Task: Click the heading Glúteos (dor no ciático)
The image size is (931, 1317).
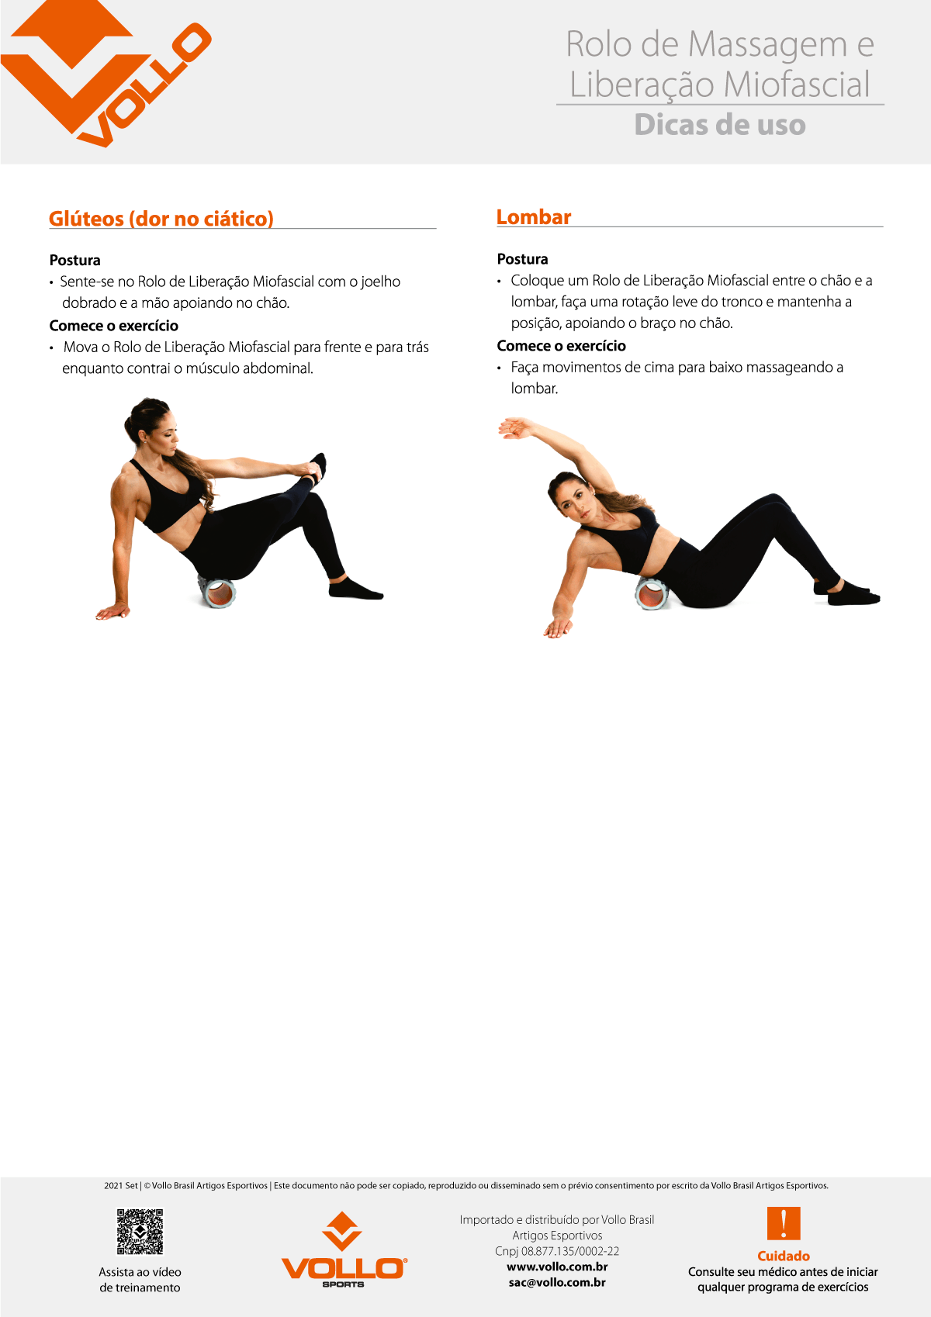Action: click(x=161, y=219)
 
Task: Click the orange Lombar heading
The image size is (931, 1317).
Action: click(x=534, y=217)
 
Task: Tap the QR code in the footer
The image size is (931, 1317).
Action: click(x=140, y=1231)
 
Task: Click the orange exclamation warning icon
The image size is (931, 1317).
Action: click(x=783, y=1223)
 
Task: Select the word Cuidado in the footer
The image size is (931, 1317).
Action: click(x=783, y=1256)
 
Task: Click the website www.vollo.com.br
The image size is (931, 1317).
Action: click(x=557, y=1267)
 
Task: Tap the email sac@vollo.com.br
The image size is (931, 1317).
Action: click(x=557, y=1282)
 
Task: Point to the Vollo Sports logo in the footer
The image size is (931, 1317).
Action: click(x=343, y=1250)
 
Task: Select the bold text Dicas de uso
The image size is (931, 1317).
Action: click(x=720, y=125)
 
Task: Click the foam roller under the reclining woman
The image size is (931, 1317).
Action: click(x=652, y=594)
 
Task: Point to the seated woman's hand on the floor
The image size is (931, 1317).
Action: click(x=112, y=612)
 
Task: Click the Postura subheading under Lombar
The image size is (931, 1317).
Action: click(x=522, y=259)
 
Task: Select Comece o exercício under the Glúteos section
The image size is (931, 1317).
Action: click(x=114, y=326)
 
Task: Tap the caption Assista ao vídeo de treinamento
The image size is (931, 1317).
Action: click(x=140, y=1280)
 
